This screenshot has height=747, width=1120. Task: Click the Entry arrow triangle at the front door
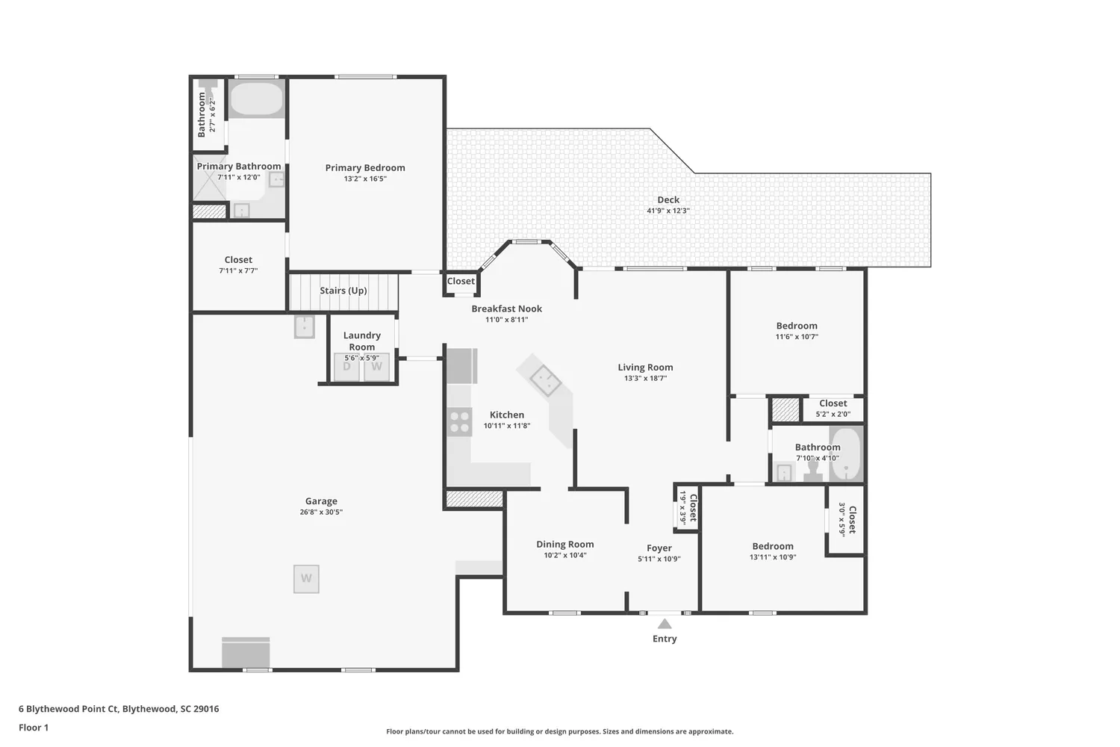[665, 624]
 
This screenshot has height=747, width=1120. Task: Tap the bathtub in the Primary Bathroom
[256, 99]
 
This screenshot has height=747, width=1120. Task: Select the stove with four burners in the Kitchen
[459, 422]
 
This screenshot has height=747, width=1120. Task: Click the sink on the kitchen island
[546, 381]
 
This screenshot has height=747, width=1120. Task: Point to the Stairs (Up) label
[343, 291]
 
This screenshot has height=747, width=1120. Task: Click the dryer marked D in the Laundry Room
[347, 367]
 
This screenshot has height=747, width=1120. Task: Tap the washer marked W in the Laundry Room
[377, 367]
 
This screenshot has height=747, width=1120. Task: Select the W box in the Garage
[306, 579]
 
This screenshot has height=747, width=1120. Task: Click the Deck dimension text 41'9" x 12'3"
[668, 211]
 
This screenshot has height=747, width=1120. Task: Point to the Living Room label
[645, 368]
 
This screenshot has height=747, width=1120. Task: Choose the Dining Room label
[565, 545]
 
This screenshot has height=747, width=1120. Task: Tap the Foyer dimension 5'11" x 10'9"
[659, 559]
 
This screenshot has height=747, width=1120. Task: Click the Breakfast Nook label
[507, 309]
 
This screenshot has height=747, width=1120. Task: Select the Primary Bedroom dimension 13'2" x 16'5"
[365, 179]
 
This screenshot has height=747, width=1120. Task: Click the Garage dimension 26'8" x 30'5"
[321, 512]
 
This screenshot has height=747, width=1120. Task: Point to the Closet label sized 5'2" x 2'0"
[833, 403]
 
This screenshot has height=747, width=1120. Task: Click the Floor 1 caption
[34, 728]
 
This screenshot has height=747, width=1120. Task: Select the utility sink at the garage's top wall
[304, 326]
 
